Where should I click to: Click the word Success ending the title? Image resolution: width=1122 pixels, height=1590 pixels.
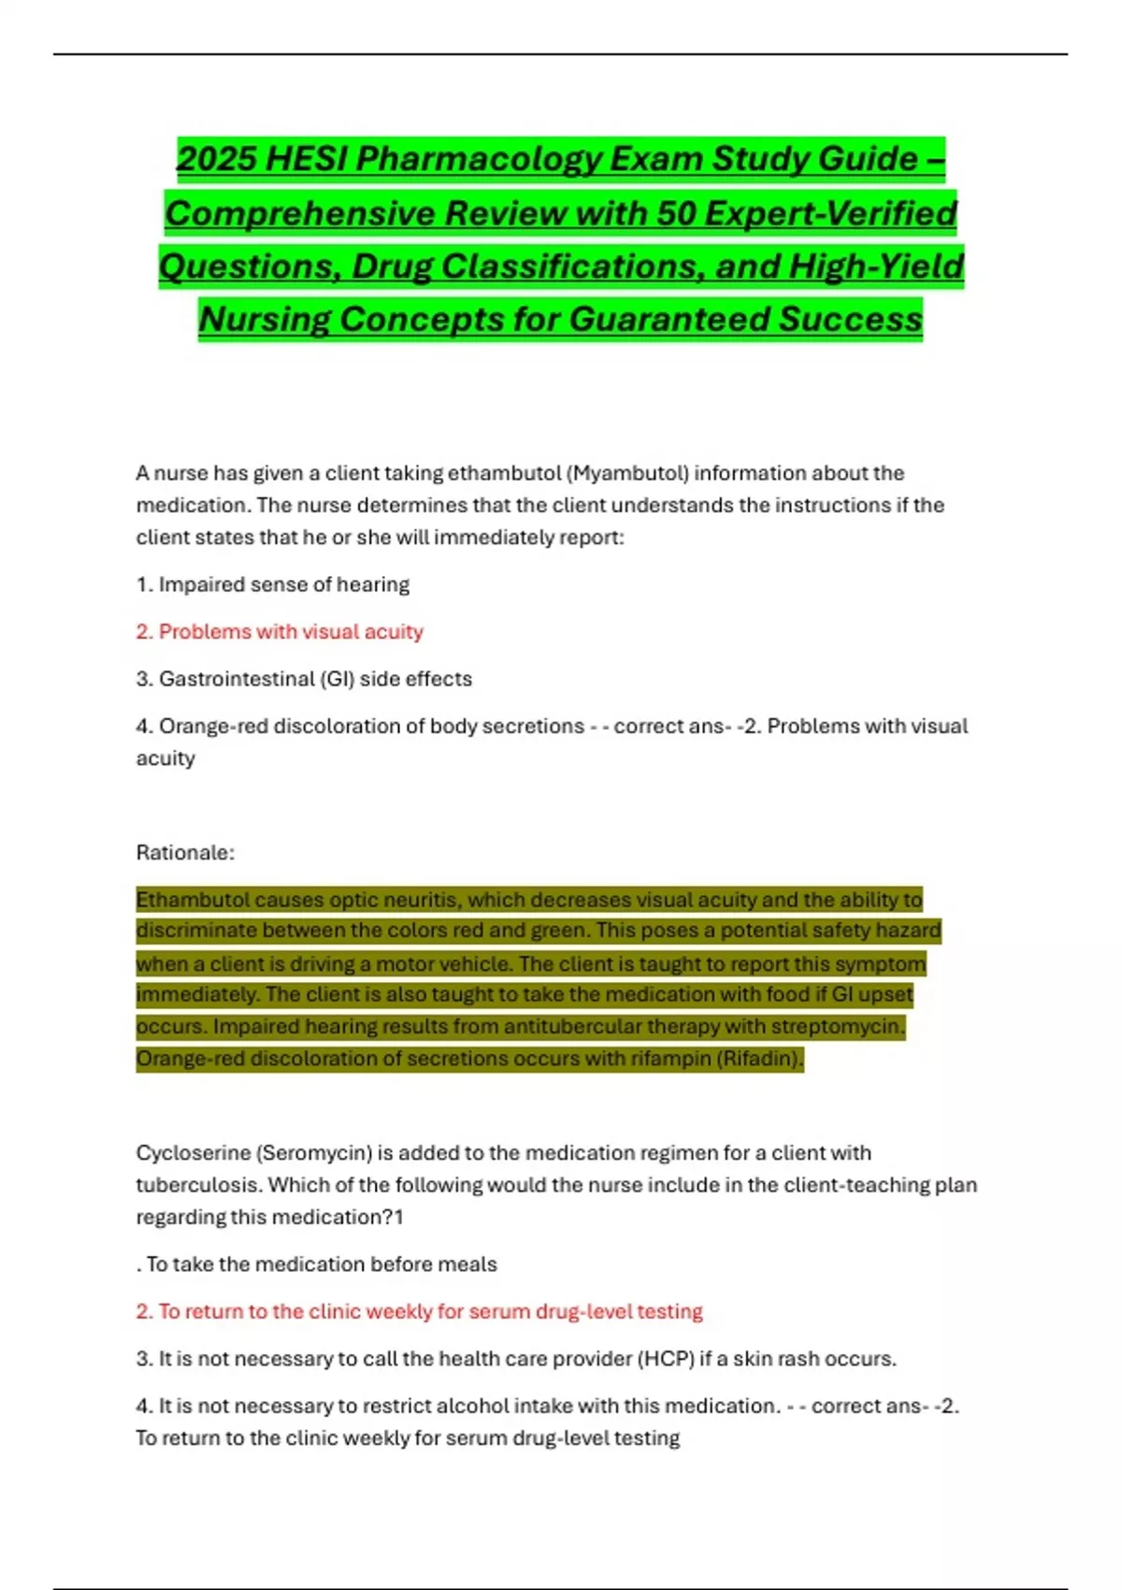[851, 319]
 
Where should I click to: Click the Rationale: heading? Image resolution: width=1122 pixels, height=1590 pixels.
[185, 853]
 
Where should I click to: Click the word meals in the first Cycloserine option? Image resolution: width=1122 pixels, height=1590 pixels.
[467, 1265]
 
